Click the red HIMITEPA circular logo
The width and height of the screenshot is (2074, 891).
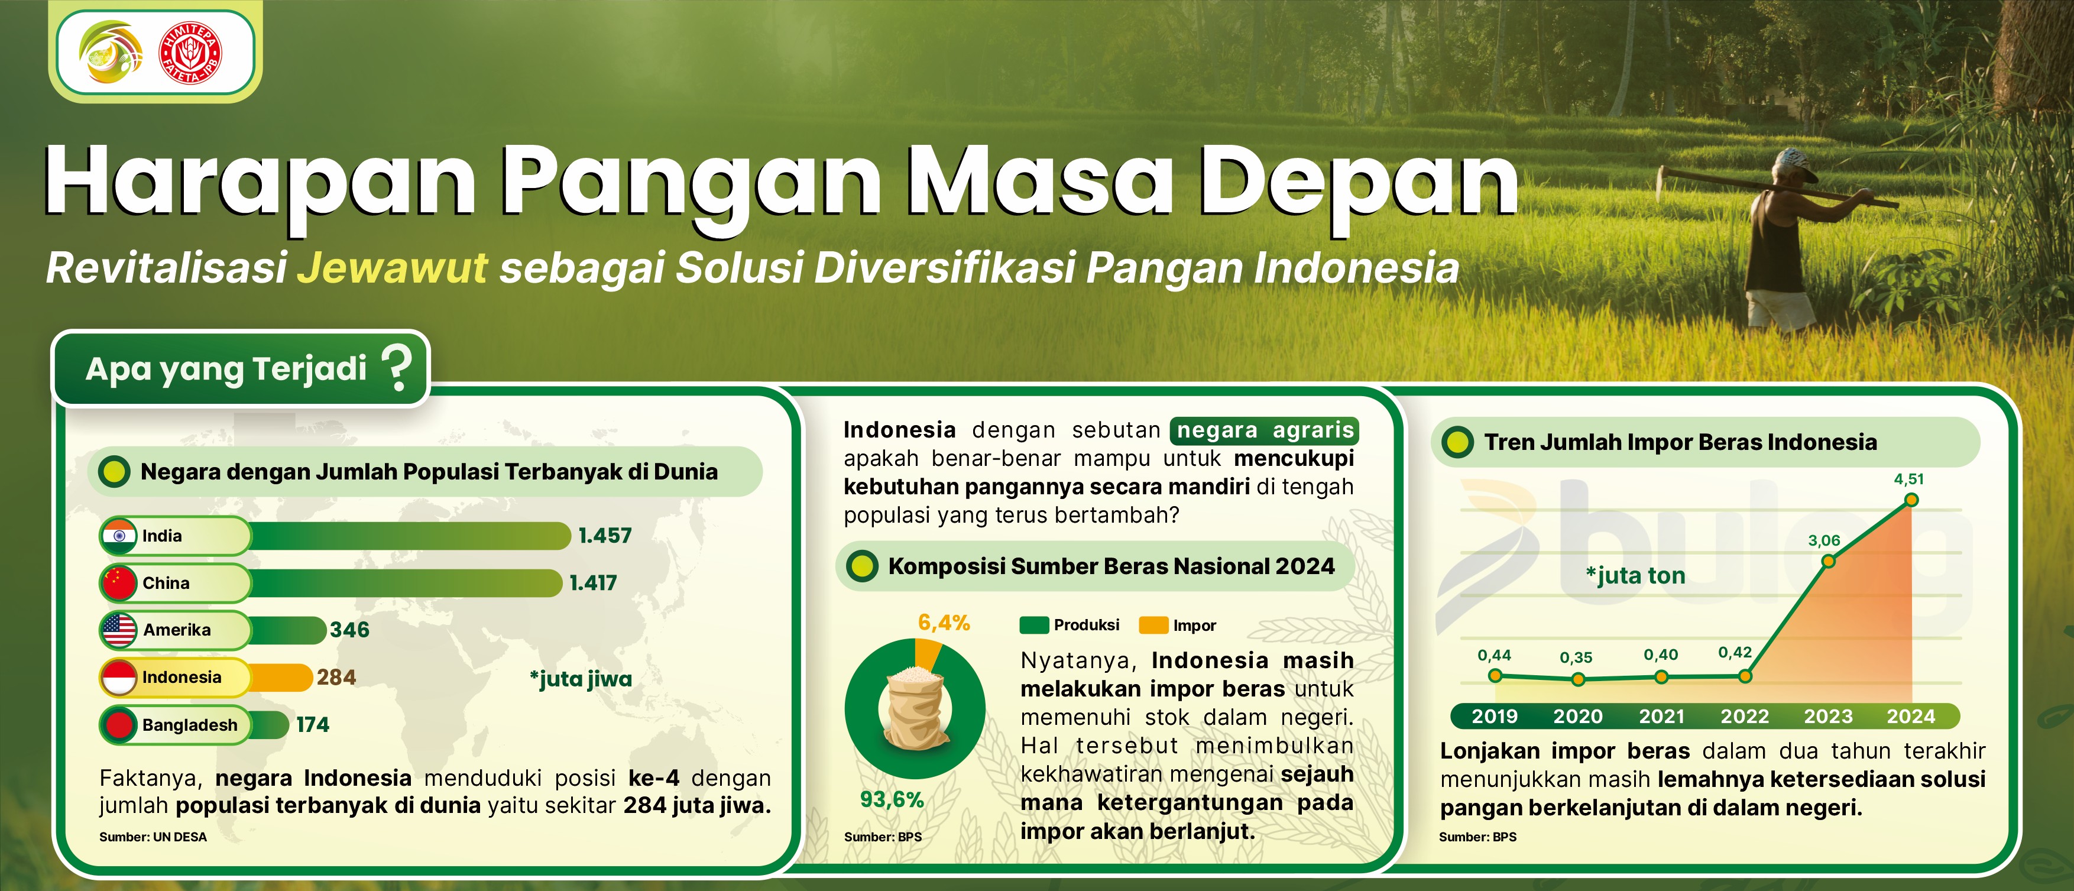(191, 54)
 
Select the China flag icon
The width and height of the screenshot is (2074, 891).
(119, 583)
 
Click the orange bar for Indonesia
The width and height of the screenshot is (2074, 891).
(280, 678)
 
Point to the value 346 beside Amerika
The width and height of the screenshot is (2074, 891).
(349, 630)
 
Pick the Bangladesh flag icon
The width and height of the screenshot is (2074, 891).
(119, 724)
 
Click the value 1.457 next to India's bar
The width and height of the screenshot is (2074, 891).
(605, 535)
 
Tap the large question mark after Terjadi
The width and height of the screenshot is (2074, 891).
(396, 368)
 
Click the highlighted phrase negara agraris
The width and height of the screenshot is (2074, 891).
(1265, 430)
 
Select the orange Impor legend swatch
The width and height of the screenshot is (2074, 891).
(1153, 626)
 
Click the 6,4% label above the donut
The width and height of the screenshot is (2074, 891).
(944, 622)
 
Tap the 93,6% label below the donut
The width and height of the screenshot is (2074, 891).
(892, 799)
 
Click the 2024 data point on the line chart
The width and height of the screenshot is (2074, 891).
(1912, 500)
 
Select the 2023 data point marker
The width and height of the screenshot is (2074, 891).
(1829, 560)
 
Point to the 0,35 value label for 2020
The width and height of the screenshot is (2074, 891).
(1576, 657)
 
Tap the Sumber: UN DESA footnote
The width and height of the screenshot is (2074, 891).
(153, 837)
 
